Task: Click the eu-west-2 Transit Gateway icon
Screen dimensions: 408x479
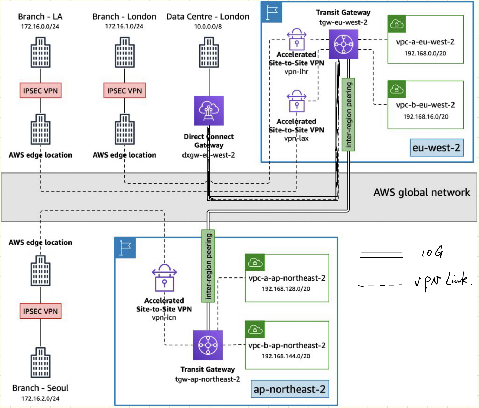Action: (x=343, y=44)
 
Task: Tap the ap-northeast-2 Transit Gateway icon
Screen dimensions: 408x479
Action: (x=208, y=345)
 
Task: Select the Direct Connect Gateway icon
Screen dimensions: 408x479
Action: (x=209, y=111)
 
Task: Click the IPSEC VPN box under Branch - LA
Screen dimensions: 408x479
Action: (x=40, y=90)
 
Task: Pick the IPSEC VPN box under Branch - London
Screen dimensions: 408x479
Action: (x=124, y=90)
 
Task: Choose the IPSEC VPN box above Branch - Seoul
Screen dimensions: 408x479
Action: (x=40, y=311)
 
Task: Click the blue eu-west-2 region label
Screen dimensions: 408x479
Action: (x=436, y=148)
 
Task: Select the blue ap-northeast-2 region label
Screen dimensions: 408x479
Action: (x=289, y=389)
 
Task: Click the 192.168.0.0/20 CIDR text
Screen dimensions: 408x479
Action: (x=425, y=53)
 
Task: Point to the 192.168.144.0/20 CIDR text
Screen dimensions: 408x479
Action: (x=286, y=356)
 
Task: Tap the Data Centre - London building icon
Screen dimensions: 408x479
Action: (x=209, y=52)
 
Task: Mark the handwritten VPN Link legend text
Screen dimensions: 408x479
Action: (x=443, y=281)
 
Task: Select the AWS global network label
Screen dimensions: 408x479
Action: (x=422, y=192)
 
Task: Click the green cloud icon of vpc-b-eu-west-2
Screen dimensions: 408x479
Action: (x=396, y=89)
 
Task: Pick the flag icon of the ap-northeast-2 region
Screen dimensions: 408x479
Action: (x=125, y=248)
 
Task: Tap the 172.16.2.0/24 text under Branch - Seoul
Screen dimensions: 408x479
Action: (x=40, y=398)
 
